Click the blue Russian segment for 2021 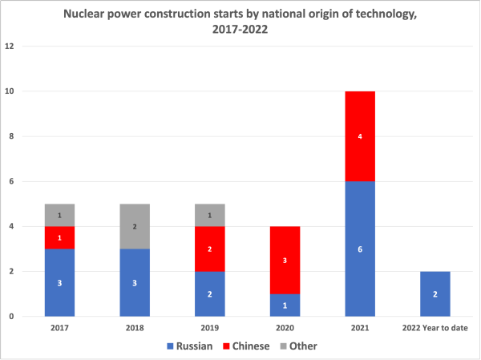(359, 249)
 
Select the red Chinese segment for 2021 (359, 136)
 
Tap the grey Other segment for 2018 (135, 226)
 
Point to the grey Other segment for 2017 (59, 215)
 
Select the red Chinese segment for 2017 (59, 237)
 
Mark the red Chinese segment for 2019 (209, 249)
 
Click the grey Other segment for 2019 (209, 215)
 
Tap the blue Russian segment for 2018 (135, 282)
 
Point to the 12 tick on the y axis (10, 47)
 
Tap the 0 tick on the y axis (12, 316)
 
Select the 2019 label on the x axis (209, 328)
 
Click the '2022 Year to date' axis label (435, 328)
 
